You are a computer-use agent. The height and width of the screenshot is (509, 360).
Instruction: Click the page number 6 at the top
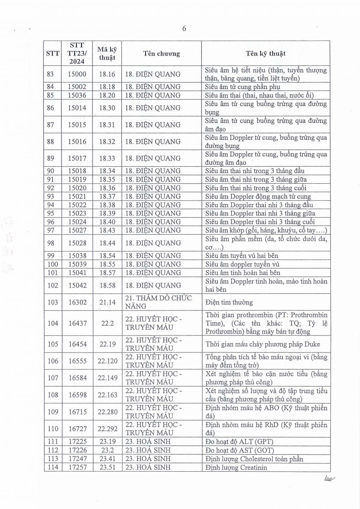pos(184,29)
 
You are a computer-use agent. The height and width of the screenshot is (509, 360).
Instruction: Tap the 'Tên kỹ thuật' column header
pos(266,54)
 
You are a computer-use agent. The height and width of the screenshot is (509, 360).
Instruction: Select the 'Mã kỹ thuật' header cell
pos(107,54)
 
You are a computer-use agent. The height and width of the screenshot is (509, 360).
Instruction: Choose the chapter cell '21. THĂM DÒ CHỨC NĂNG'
pos(158,302)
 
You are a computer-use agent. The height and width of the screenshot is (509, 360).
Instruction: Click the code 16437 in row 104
pos(77,323)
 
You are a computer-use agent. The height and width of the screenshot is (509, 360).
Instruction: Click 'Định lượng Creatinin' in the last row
pos(235,467)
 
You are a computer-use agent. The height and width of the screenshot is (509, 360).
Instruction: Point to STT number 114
pos(53,467)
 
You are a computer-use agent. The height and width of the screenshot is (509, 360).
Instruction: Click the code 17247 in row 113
pos(77,459)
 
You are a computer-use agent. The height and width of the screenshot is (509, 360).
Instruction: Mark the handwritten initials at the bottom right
pos(329,478)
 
